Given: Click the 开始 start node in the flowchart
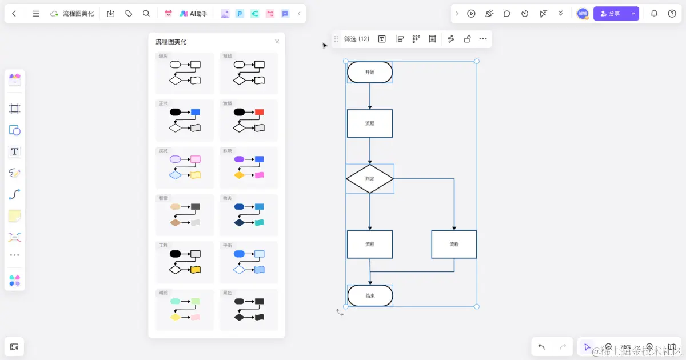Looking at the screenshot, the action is [x=370, y=73].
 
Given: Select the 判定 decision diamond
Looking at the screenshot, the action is [x=370, y=179].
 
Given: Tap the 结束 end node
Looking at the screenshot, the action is [x=370, y=295].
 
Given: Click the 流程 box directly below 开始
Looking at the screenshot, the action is [x=370, y=123].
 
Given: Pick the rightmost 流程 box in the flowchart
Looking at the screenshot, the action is [x=454, y=244].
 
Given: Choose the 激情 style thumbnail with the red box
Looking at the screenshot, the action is [x=249, y=120].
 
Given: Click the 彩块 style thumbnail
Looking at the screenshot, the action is [x=249, y=167].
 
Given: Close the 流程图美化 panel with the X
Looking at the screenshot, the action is [x=277, y=42].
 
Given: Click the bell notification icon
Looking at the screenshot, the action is [x=655, y=14].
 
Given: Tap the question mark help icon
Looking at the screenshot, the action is [x=672, y=14].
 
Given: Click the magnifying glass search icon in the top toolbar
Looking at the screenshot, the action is [x=146, y=14].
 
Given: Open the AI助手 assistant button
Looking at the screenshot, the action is [x=193, y=14].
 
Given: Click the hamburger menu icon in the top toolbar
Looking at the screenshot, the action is [x=36, y=14].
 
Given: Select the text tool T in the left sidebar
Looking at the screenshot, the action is [x=15, y=151].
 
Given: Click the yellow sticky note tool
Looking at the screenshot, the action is [x=15, y=215].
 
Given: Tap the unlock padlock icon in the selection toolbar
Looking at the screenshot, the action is [x=467, y=39].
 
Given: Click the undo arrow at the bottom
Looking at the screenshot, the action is [x=541, y=347].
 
